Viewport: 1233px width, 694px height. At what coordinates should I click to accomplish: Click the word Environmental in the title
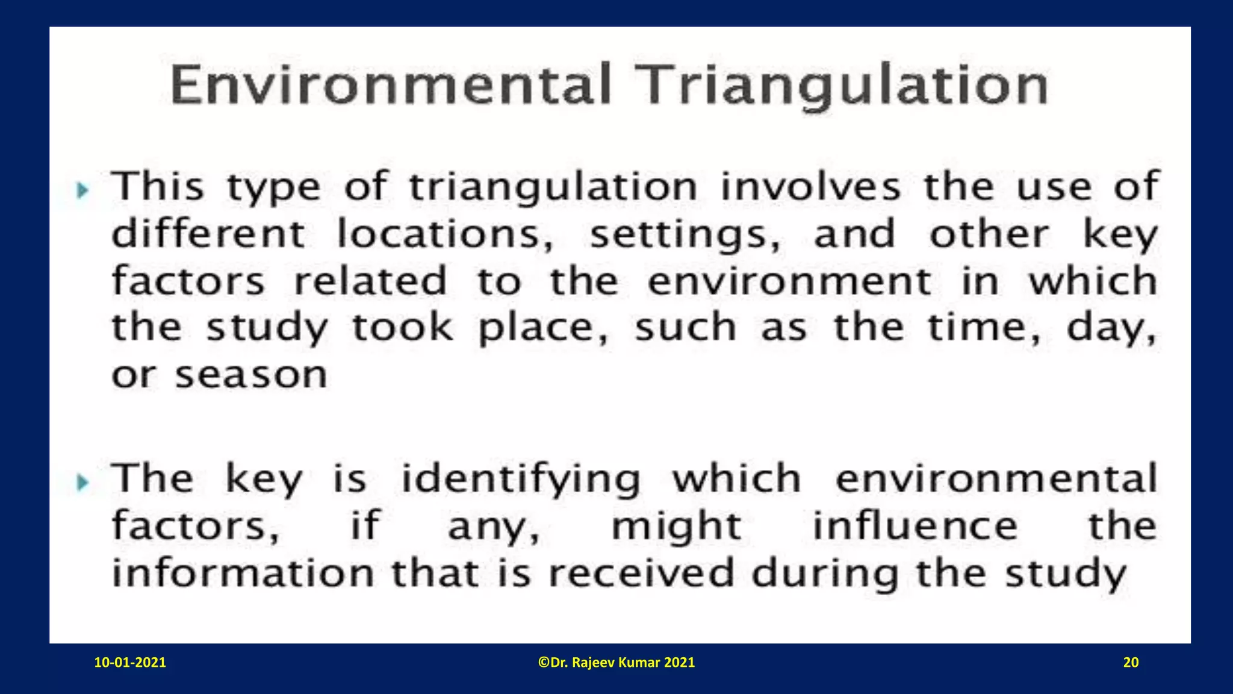391,85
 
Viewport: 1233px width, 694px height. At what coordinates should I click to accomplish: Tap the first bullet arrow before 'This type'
83,191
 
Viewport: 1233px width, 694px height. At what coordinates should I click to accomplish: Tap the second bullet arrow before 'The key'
83,482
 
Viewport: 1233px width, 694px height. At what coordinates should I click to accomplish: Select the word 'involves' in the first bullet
810,186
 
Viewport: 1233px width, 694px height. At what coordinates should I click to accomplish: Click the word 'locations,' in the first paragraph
445,234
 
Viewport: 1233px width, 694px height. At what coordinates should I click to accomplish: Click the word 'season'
251,375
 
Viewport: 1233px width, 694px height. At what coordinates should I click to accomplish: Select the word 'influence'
915,526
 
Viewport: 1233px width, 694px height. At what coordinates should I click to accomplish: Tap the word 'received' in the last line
641,572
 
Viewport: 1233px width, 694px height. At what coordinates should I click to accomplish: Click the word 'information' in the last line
243,572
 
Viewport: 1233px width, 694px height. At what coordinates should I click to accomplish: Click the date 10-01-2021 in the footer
130,663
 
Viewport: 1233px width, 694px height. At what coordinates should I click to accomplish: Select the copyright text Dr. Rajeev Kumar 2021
616,663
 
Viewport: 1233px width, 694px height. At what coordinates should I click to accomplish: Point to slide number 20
1131,663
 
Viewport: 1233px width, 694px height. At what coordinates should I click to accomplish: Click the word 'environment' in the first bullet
789,281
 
